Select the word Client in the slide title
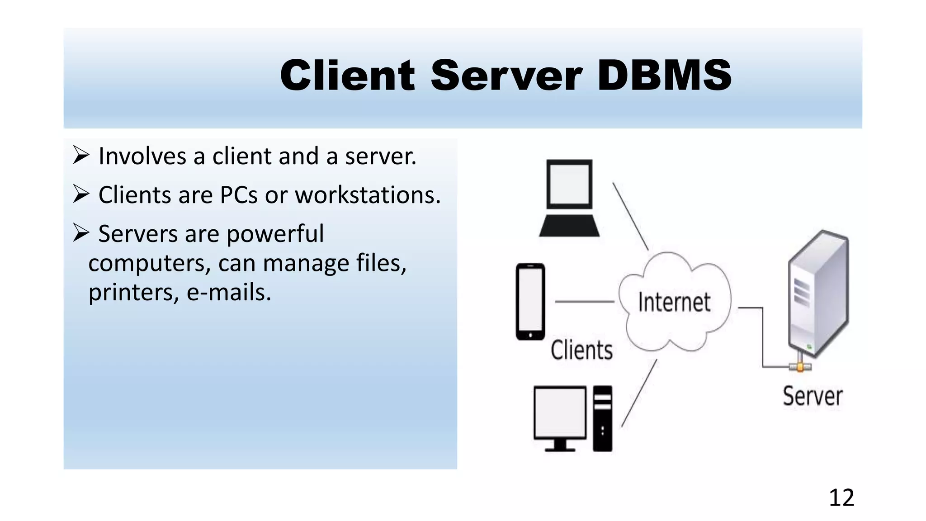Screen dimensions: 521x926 point(347,75)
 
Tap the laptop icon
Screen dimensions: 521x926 point(569,198)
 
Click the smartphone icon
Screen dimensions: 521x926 point(530,301)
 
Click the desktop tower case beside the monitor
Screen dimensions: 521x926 point(602,418)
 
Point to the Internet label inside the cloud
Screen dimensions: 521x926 point(674,303)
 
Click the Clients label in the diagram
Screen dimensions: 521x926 point(581,350)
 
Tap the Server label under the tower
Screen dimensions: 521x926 point(813,397)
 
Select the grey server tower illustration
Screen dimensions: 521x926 point(818,294)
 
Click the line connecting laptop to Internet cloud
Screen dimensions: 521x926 point(630,216)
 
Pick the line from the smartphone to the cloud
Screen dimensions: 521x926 point(584,301)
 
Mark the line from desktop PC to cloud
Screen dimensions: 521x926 point(639,393)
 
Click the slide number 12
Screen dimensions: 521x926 point(841,497)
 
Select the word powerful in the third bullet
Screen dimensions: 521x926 point(275,234)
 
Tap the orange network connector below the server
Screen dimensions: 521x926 point(800,367)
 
